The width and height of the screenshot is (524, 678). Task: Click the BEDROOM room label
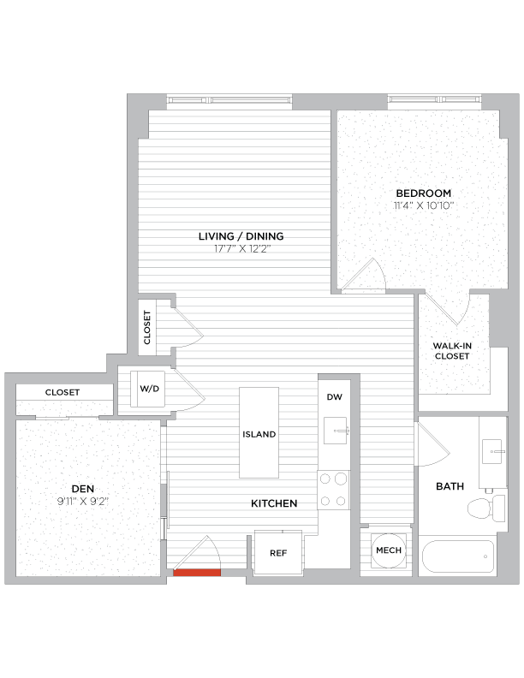(423, 193)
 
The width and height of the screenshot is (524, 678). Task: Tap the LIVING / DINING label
(241, 236)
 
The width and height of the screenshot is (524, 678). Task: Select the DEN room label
(82, 489)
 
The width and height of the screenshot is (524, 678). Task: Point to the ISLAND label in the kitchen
(259, 434)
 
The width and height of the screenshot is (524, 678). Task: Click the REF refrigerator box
(277, 553)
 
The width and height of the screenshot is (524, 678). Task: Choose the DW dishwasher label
(334, 397)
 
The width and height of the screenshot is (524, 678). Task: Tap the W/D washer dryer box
(150, 389)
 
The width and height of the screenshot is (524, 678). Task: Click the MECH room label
(388, 550)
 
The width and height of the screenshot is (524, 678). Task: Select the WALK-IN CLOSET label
(452, 350)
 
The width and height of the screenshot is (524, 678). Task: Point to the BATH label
(450, 486)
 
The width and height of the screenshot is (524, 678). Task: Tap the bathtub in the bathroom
(458, 557)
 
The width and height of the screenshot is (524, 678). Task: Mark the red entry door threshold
(197, 573)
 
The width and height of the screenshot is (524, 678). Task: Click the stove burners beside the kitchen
(333, 490)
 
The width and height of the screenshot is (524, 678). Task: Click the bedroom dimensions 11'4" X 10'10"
(423, 205)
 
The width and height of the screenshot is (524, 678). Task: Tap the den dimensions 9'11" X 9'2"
(82, 502)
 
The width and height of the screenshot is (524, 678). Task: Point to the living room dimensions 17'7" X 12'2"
(241, 249)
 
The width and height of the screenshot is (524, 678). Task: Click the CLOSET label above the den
(62, 392)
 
